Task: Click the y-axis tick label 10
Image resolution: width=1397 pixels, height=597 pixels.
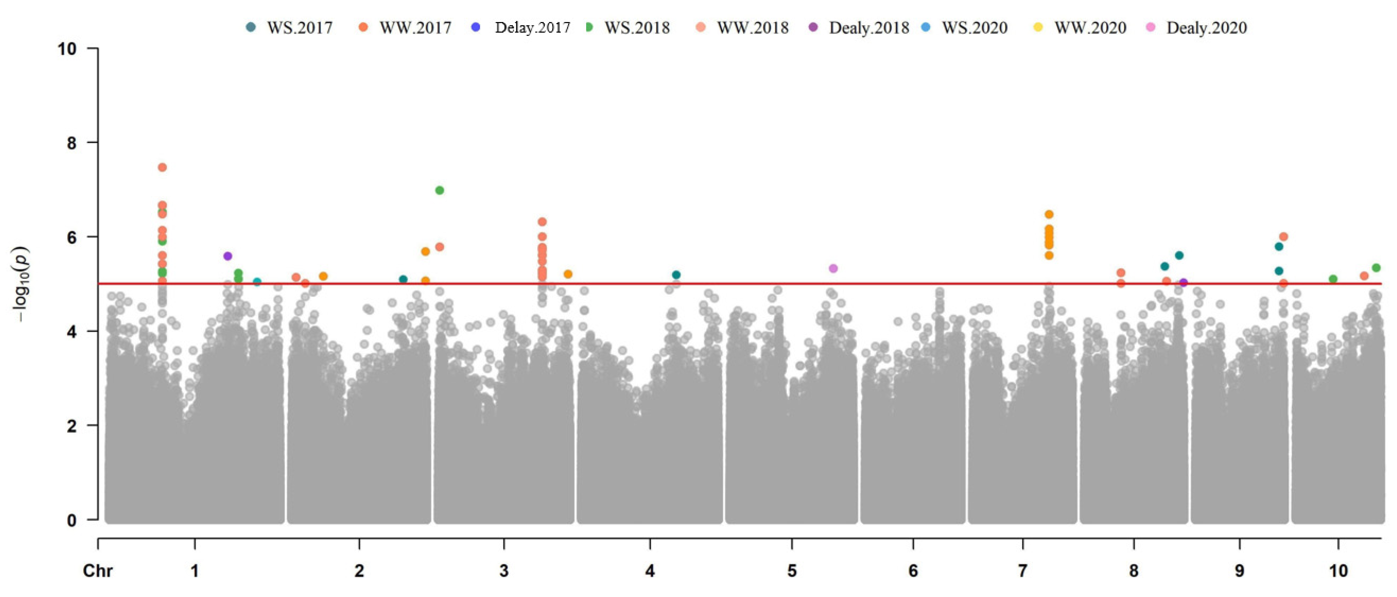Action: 67,49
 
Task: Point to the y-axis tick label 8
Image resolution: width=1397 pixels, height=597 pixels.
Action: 72,143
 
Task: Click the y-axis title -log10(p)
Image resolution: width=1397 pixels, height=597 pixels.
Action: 23,284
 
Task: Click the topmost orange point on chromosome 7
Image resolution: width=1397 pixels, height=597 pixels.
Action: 1049,214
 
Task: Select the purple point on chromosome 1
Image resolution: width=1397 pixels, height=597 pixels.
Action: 228,256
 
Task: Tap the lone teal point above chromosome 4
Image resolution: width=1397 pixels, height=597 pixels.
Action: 676,275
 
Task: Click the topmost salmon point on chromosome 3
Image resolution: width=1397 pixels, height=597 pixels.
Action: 542,222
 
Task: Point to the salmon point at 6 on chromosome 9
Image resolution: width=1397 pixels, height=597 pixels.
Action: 1284,237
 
